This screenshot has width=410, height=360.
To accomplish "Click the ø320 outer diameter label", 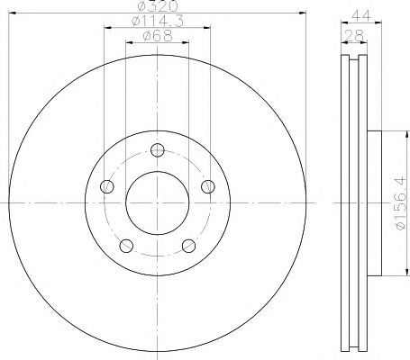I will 157,7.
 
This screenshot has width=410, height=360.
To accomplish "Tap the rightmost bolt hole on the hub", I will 208,186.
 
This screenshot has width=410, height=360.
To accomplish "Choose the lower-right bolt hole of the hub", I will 188,246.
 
